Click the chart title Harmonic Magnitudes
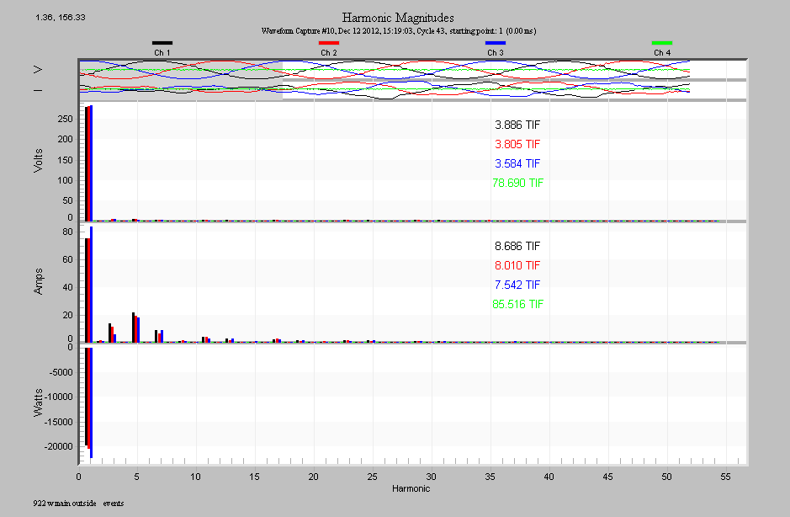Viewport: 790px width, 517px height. pos(399,17)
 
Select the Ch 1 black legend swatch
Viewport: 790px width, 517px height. pos(162,42)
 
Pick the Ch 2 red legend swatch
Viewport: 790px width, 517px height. pos(329,42)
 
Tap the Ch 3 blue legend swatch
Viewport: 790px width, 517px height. pos(496,42)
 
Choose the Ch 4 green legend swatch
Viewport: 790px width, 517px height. pos(662,42)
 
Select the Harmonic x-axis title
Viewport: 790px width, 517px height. pos(411,488)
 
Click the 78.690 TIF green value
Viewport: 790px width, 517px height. pos(517,183)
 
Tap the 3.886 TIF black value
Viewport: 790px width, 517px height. pos(517,125)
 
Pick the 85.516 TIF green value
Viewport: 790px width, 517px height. pos(517,304)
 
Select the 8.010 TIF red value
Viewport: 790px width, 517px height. pos(517,265)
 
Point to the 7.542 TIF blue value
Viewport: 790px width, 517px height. pos(517,285)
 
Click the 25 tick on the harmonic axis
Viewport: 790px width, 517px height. pos(372,477)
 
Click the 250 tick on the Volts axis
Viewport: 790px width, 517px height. pos(66,120)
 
